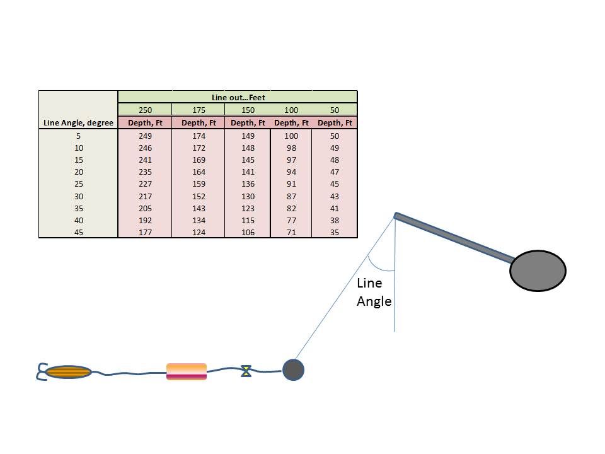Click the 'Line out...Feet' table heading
coord(238,97)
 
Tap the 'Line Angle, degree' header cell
coord(78,123)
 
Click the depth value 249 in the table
coord(145,136)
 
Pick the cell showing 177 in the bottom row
coord(145,232)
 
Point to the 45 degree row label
coord(78,232)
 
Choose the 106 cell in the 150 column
coord(248,232)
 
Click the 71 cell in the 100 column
coord(291,232)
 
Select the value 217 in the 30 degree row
coord(145,196)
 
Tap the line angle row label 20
coord(78,172)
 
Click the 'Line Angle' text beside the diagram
coord(374,292)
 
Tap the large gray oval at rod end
coord(538,271)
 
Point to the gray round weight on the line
coord(293,370)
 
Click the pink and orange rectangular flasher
coord(187,371)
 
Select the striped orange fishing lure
coord(68,372)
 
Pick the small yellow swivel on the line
coord(246,371)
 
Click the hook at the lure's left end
coord(42,372)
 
